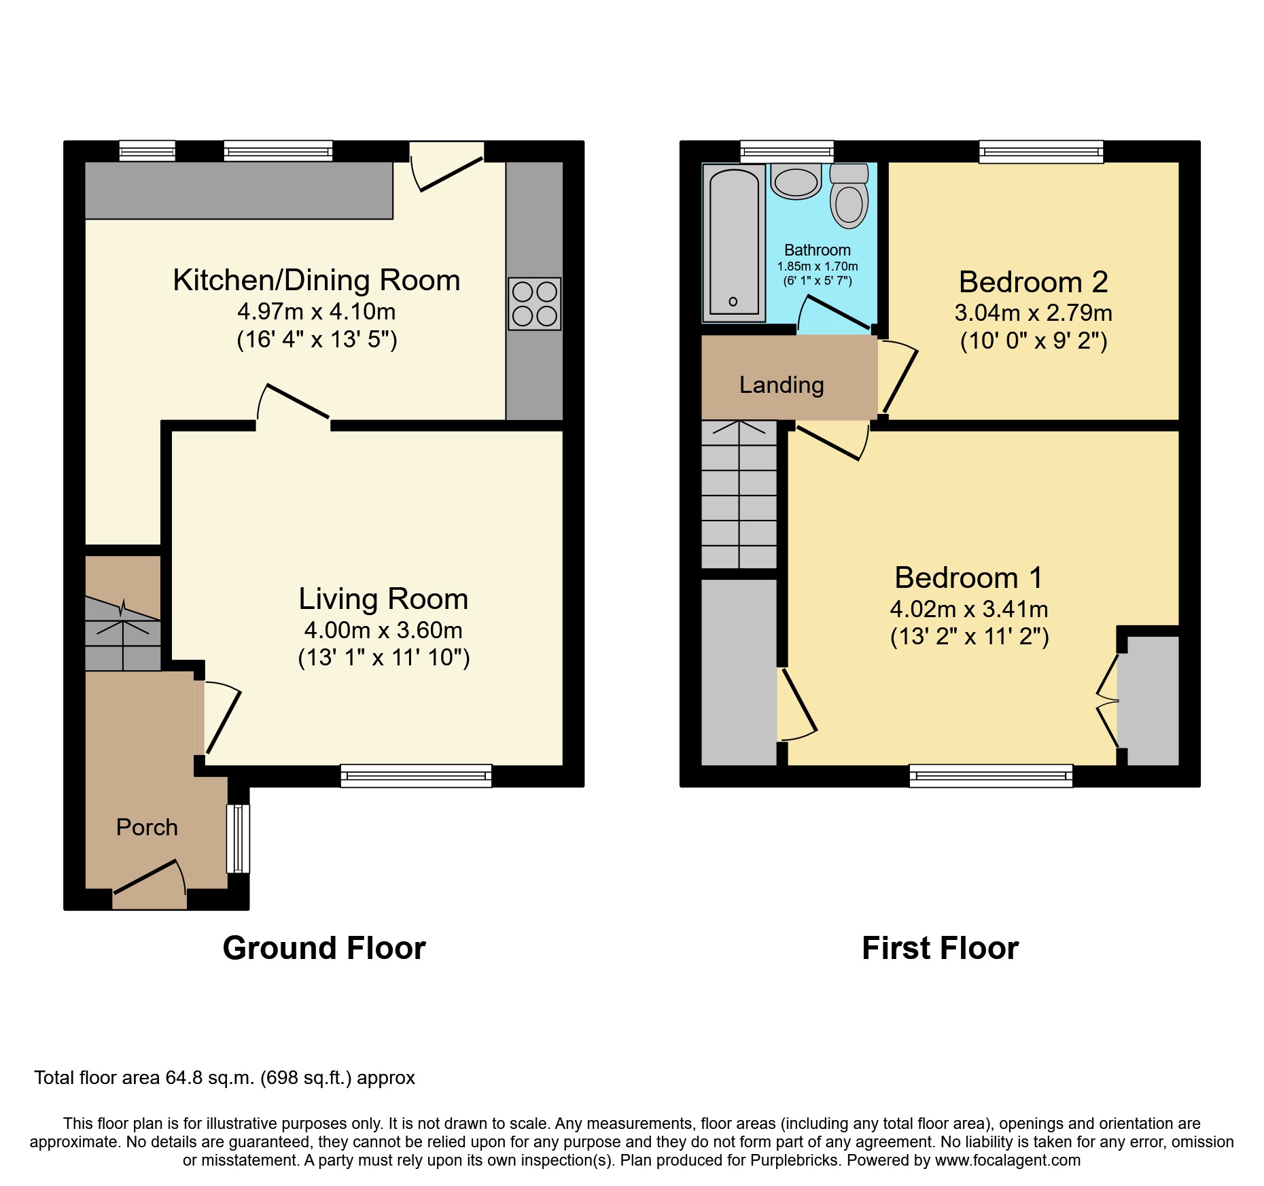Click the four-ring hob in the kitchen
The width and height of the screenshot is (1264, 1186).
(534, 304)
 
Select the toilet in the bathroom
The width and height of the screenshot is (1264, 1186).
(849, 198)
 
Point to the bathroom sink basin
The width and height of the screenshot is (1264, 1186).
(796, 182)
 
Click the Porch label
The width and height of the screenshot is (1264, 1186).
(147, 827)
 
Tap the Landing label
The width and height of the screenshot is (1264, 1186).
(782, 385)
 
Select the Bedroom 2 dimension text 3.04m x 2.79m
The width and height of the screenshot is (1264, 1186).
(1033, 313)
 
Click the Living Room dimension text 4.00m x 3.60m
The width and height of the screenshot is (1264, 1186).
(383, 630)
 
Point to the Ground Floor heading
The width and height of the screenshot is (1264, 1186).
(324, 947)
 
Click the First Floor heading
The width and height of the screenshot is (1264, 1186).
(940, 947)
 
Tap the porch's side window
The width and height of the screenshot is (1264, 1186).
(238, 838)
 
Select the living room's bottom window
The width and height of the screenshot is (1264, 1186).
(416, 775)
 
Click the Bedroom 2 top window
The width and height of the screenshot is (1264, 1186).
(1040, 152)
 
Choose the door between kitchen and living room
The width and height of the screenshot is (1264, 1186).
(294, 404)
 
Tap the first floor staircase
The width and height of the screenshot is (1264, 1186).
(739, 494)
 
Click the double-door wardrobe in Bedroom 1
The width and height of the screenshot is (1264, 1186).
(1148, 700)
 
